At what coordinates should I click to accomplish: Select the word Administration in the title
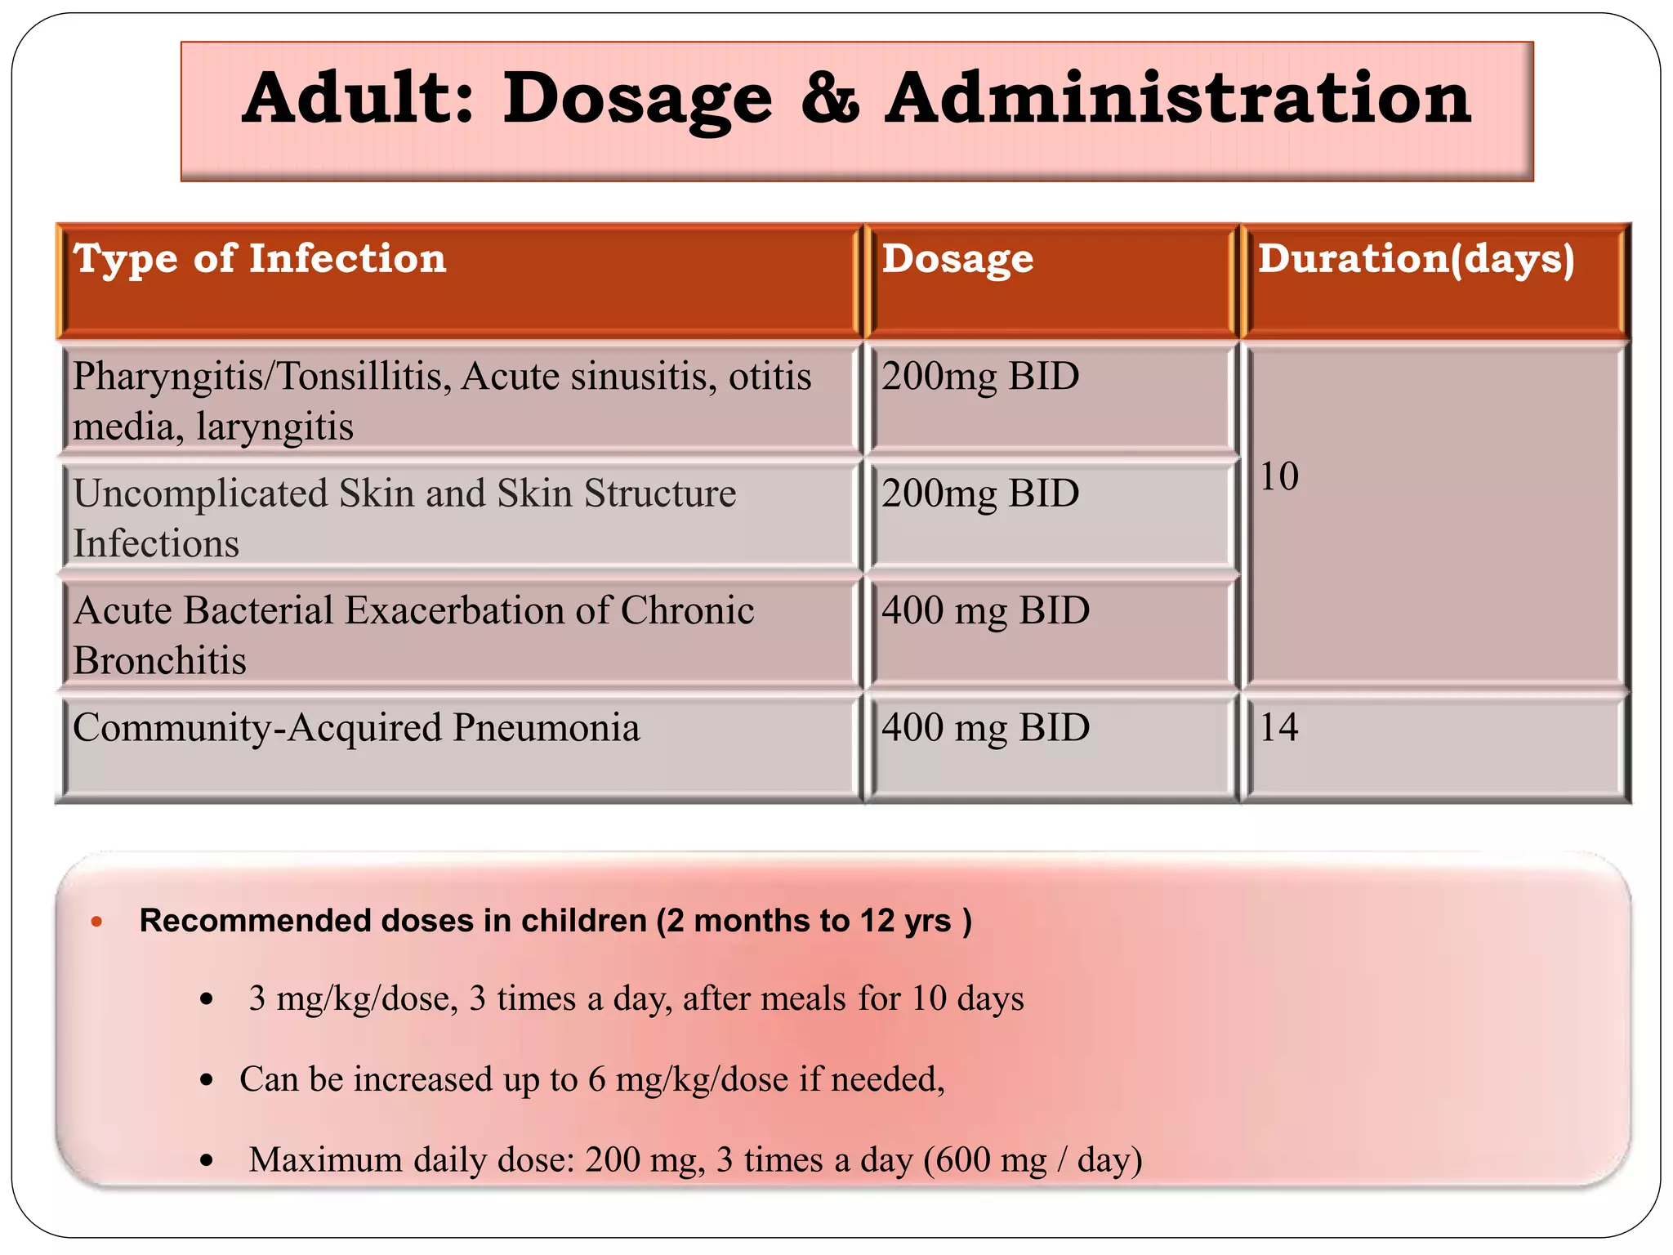1178,99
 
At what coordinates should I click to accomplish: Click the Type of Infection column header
260,259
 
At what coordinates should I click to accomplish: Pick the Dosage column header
957,259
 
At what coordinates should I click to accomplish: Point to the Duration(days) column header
1416,259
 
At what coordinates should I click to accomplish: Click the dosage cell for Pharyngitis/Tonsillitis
980,377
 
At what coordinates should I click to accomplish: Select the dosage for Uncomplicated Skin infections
980,494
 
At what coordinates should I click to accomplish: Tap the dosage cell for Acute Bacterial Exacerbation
985,611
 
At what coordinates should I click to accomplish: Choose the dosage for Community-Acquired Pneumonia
985,728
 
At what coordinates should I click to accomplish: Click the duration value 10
1278,476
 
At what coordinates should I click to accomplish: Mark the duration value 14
1278,728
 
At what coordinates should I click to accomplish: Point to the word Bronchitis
159,661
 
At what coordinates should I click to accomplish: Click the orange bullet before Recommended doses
96,922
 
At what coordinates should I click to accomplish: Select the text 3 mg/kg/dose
353,999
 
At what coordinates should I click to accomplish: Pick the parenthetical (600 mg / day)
1033,1160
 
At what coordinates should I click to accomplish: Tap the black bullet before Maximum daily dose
207,1160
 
